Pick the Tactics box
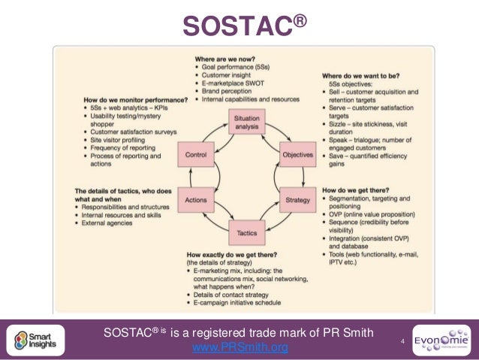(246, 233)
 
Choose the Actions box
(195, 201)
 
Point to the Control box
(195, 155)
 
